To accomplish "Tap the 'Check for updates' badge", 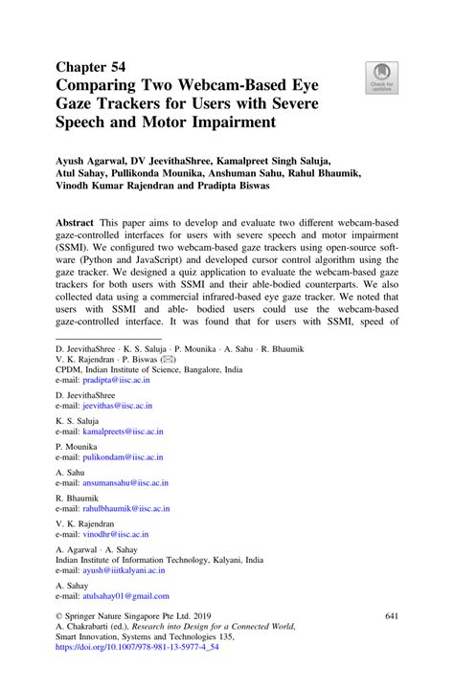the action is click(x=380, y=76).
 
